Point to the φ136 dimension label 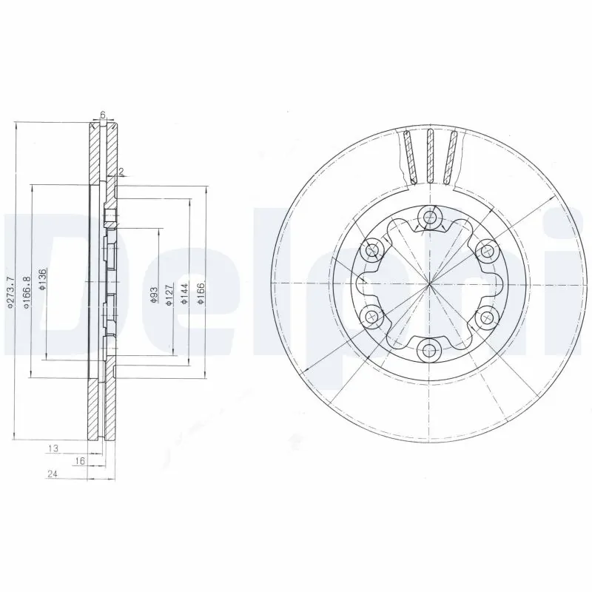point(44,280)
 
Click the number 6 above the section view point(103,115)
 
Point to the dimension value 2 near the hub point(121,172)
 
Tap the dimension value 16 point(80,460)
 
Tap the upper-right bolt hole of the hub point(486,250)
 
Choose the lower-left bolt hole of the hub point(372,317)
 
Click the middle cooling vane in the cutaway point(430,155)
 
